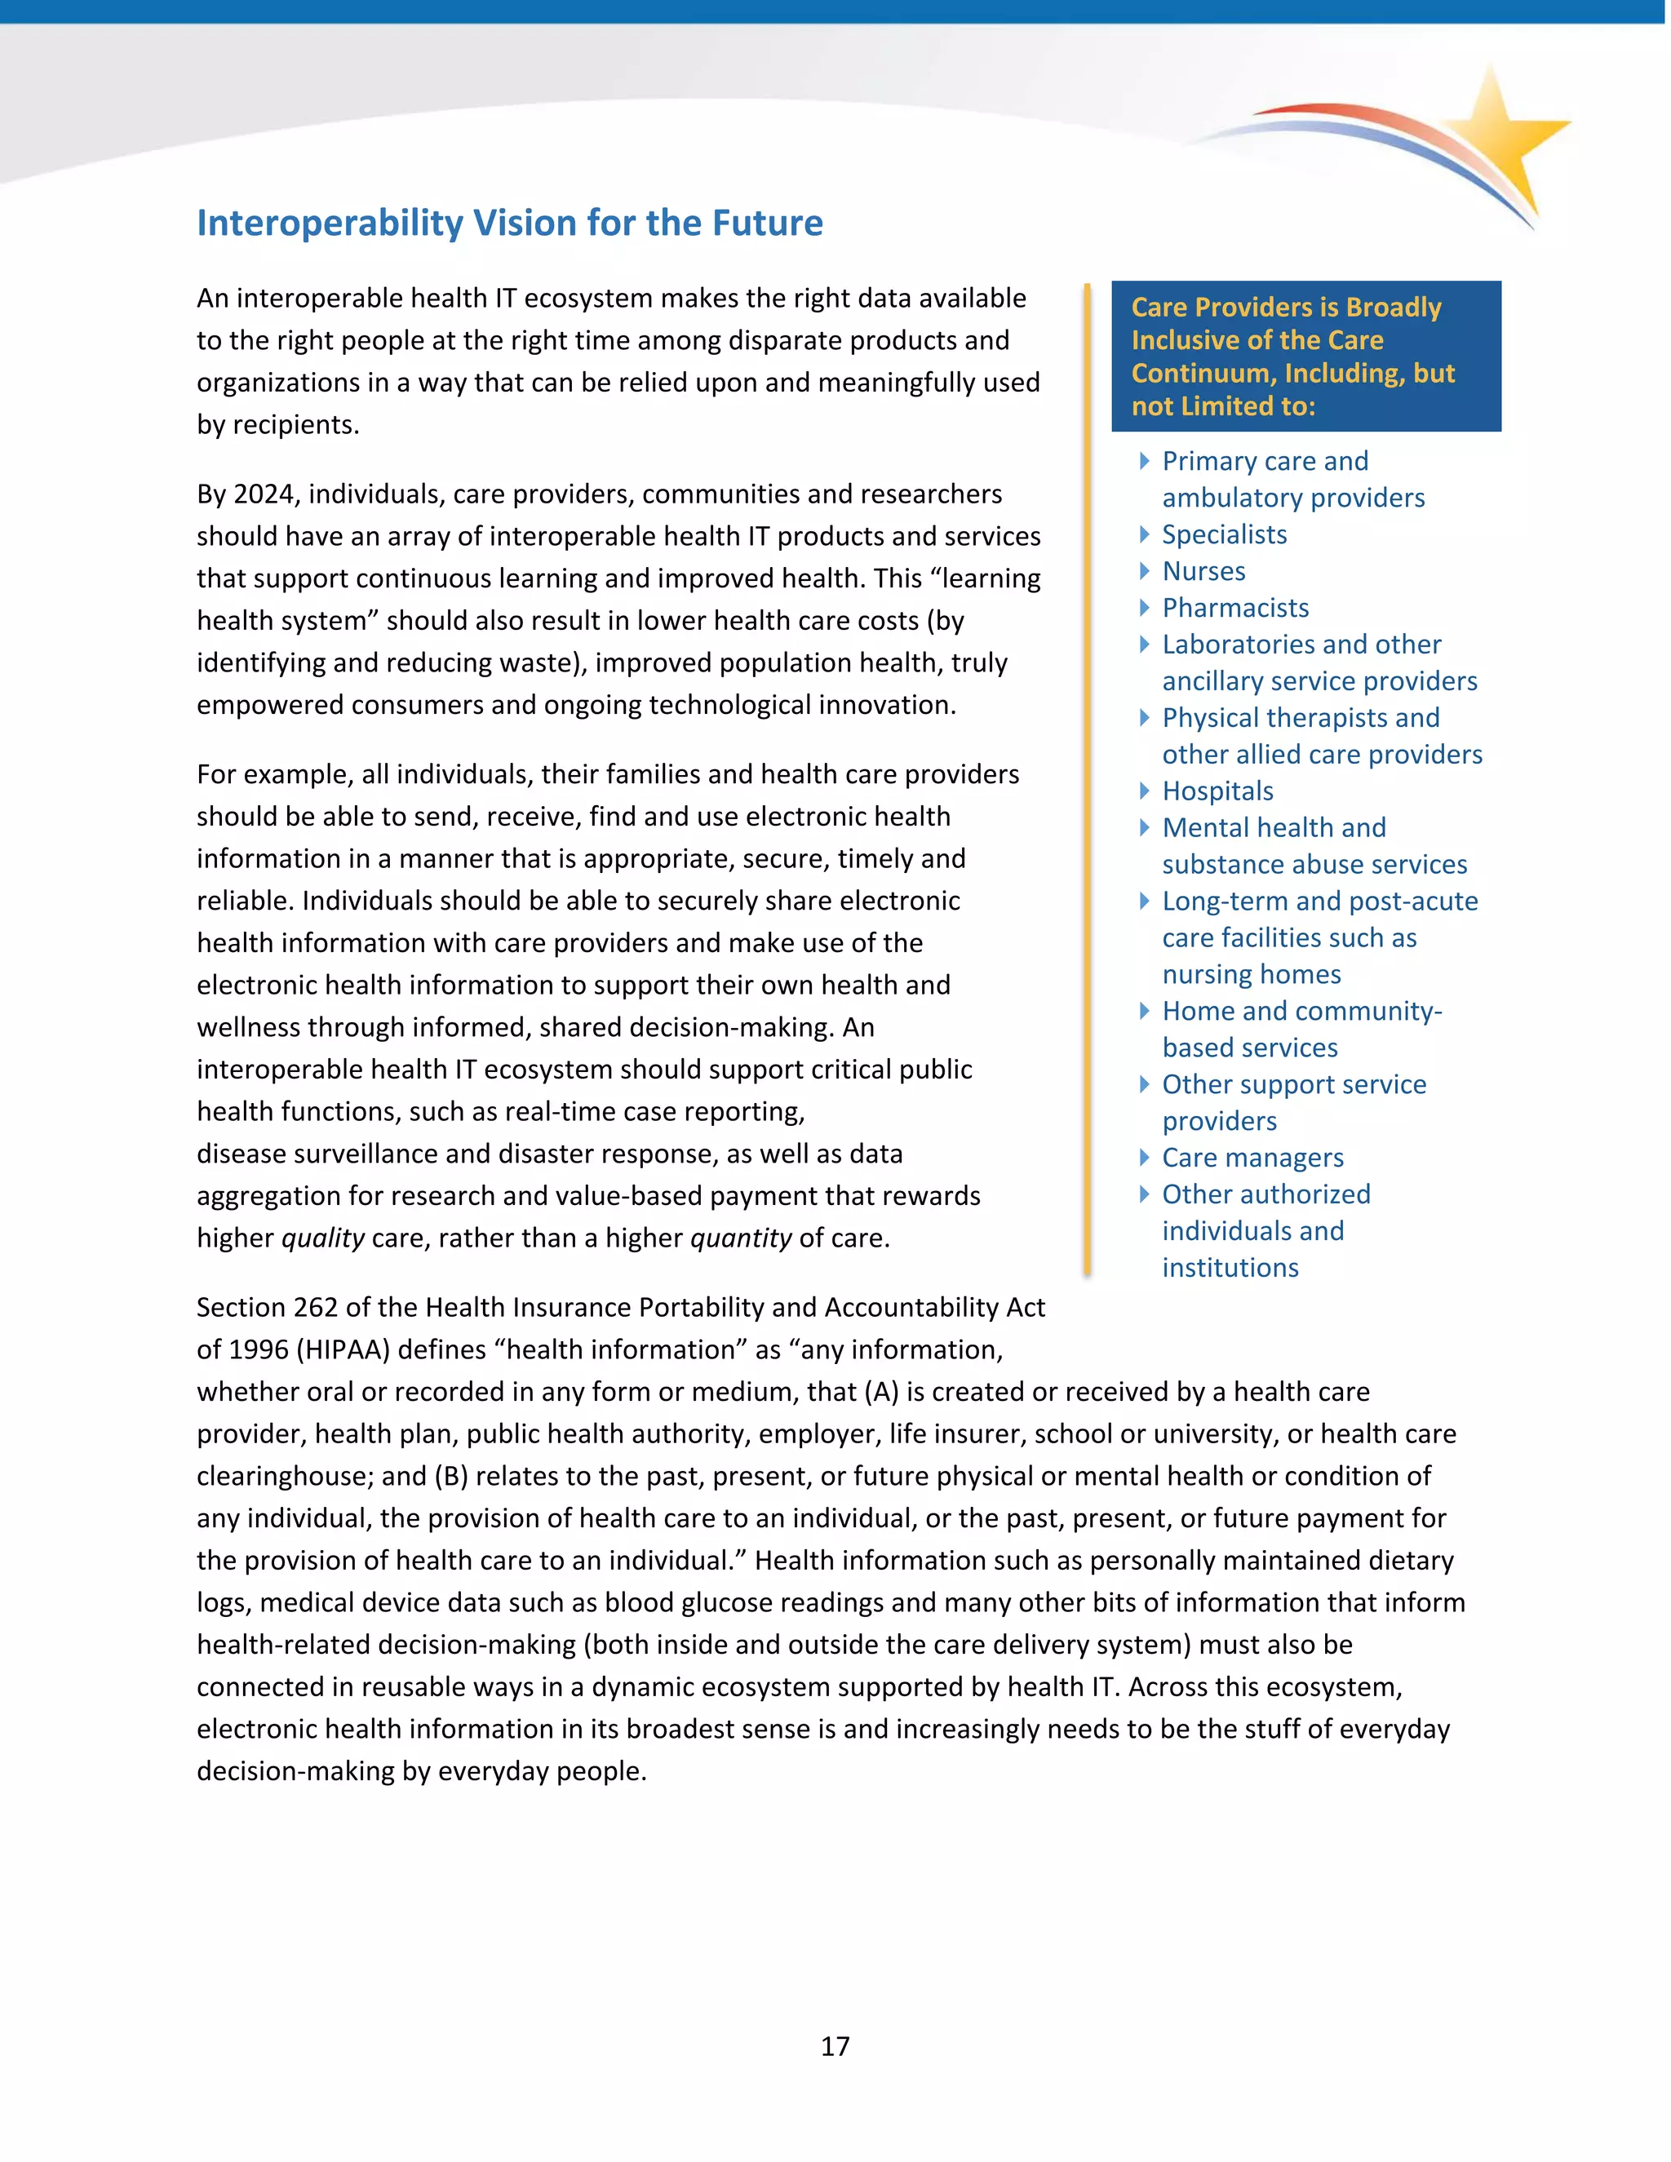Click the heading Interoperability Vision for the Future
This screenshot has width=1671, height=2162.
point(509,223)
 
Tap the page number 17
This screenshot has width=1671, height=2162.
point(835,2045)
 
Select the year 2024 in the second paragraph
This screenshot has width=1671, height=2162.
point(263,494)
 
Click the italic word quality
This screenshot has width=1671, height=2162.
point(323,1238)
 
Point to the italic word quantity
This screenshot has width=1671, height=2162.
point(741,1238)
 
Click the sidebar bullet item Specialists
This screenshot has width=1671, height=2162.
point(1224,534)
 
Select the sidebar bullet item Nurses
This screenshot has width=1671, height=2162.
point(1203,571)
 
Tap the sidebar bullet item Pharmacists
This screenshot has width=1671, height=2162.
point(1234,608)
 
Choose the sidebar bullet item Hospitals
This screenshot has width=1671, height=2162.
point(1217,791)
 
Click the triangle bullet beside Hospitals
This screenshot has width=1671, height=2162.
point(1145,791)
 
